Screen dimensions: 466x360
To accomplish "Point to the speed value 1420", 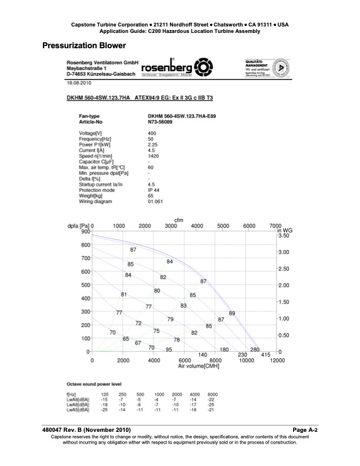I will (x=154, y=157).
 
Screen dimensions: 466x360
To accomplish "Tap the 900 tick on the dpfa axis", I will (x=85, y=231).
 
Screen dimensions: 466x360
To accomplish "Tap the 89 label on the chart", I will (x=232, y=313).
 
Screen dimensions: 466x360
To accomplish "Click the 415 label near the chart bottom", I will (x=265, y=355).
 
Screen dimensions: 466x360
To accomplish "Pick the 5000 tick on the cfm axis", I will (x=223, y=226).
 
